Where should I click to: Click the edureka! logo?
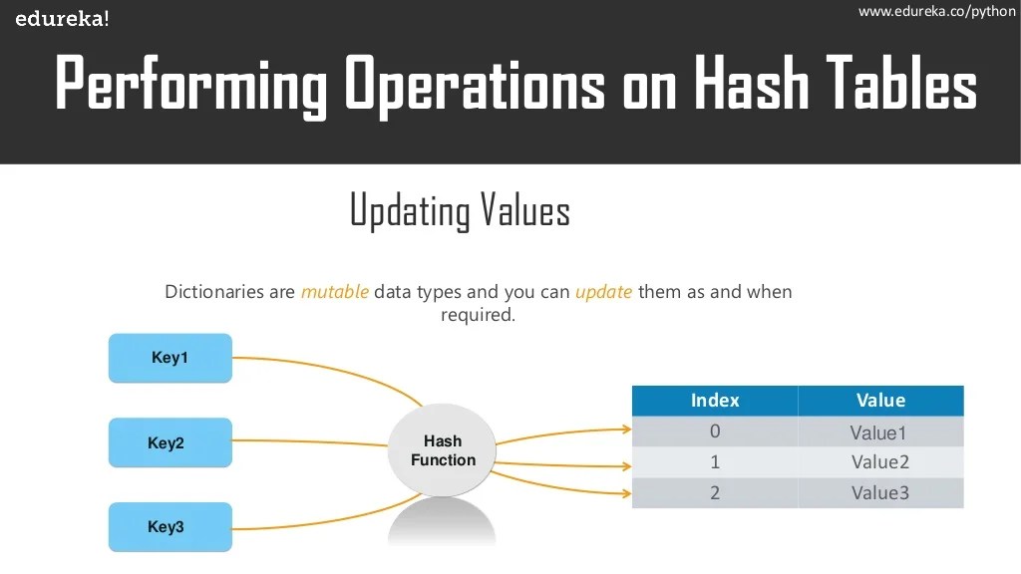[x=62, y=19]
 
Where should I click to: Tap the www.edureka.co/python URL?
[x=935, y=11]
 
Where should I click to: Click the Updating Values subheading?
[x=460, y=211]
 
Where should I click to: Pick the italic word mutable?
[x=335, y=292]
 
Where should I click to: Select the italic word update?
[x=603, y=292]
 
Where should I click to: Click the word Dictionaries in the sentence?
[x=229, y=292]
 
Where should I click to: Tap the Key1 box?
[x=170, y=358]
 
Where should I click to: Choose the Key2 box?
[x=170, y=443]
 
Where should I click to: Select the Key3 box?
[x=170, y=527]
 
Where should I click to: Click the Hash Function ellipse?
[x=443, y=451]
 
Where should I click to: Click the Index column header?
[x=715, y=401]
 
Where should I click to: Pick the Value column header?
[x=880, y=401]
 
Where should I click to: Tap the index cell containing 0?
[x=715, y=431]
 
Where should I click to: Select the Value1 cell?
[x=879, y=432]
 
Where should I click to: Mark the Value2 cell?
[x=879, y=462]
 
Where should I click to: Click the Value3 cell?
[x=879, y=492]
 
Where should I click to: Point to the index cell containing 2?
[x=715, y=492]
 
